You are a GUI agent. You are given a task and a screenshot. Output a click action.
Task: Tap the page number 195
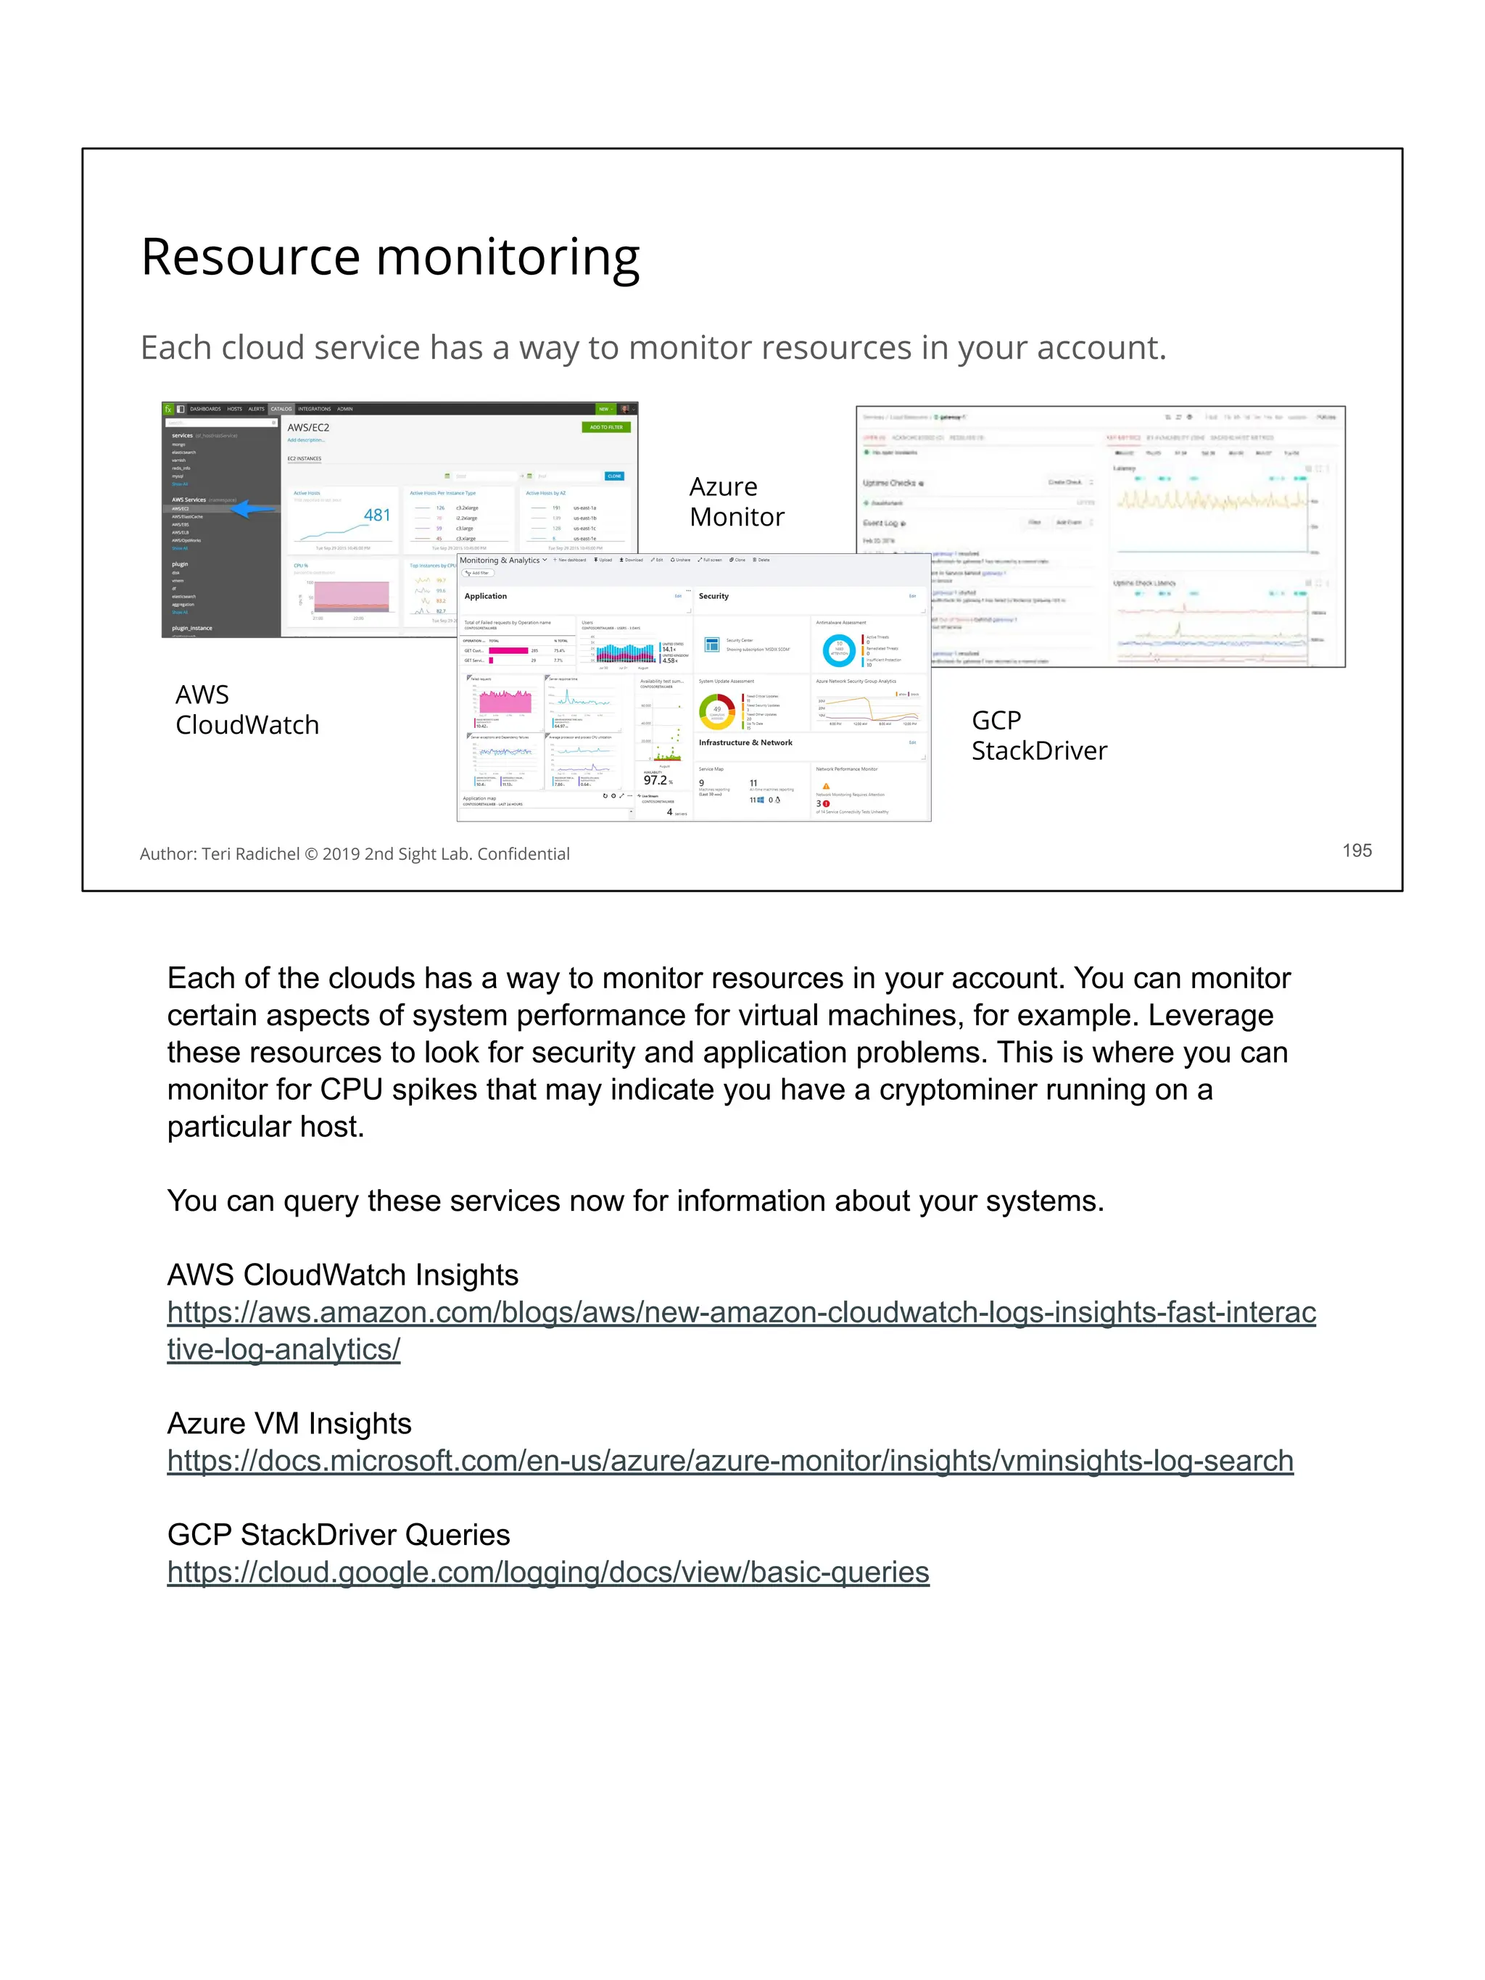tap(1356, 850)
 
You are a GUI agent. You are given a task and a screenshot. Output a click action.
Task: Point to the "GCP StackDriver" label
tap(1038, 735)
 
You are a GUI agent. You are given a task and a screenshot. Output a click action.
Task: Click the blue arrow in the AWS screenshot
tap(252, 508)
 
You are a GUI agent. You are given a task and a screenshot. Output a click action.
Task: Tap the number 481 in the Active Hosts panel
tap(377, 515)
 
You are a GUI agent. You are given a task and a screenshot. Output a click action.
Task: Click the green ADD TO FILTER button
tap(606, 427)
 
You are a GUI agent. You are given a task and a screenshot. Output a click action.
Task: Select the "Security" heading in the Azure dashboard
tap(713, 596)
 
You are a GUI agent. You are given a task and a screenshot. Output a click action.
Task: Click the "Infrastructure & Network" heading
tap(745, 743)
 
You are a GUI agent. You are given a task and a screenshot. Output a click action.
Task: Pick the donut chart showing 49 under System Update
tap(716, 711)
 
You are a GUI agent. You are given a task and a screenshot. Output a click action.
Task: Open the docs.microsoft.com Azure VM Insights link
tap(729, 1461)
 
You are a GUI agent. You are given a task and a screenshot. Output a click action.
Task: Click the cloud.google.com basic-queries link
tap(548, 1572)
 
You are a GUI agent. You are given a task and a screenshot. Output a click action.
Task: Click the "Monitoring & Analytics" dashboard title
tap(500, 560)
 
